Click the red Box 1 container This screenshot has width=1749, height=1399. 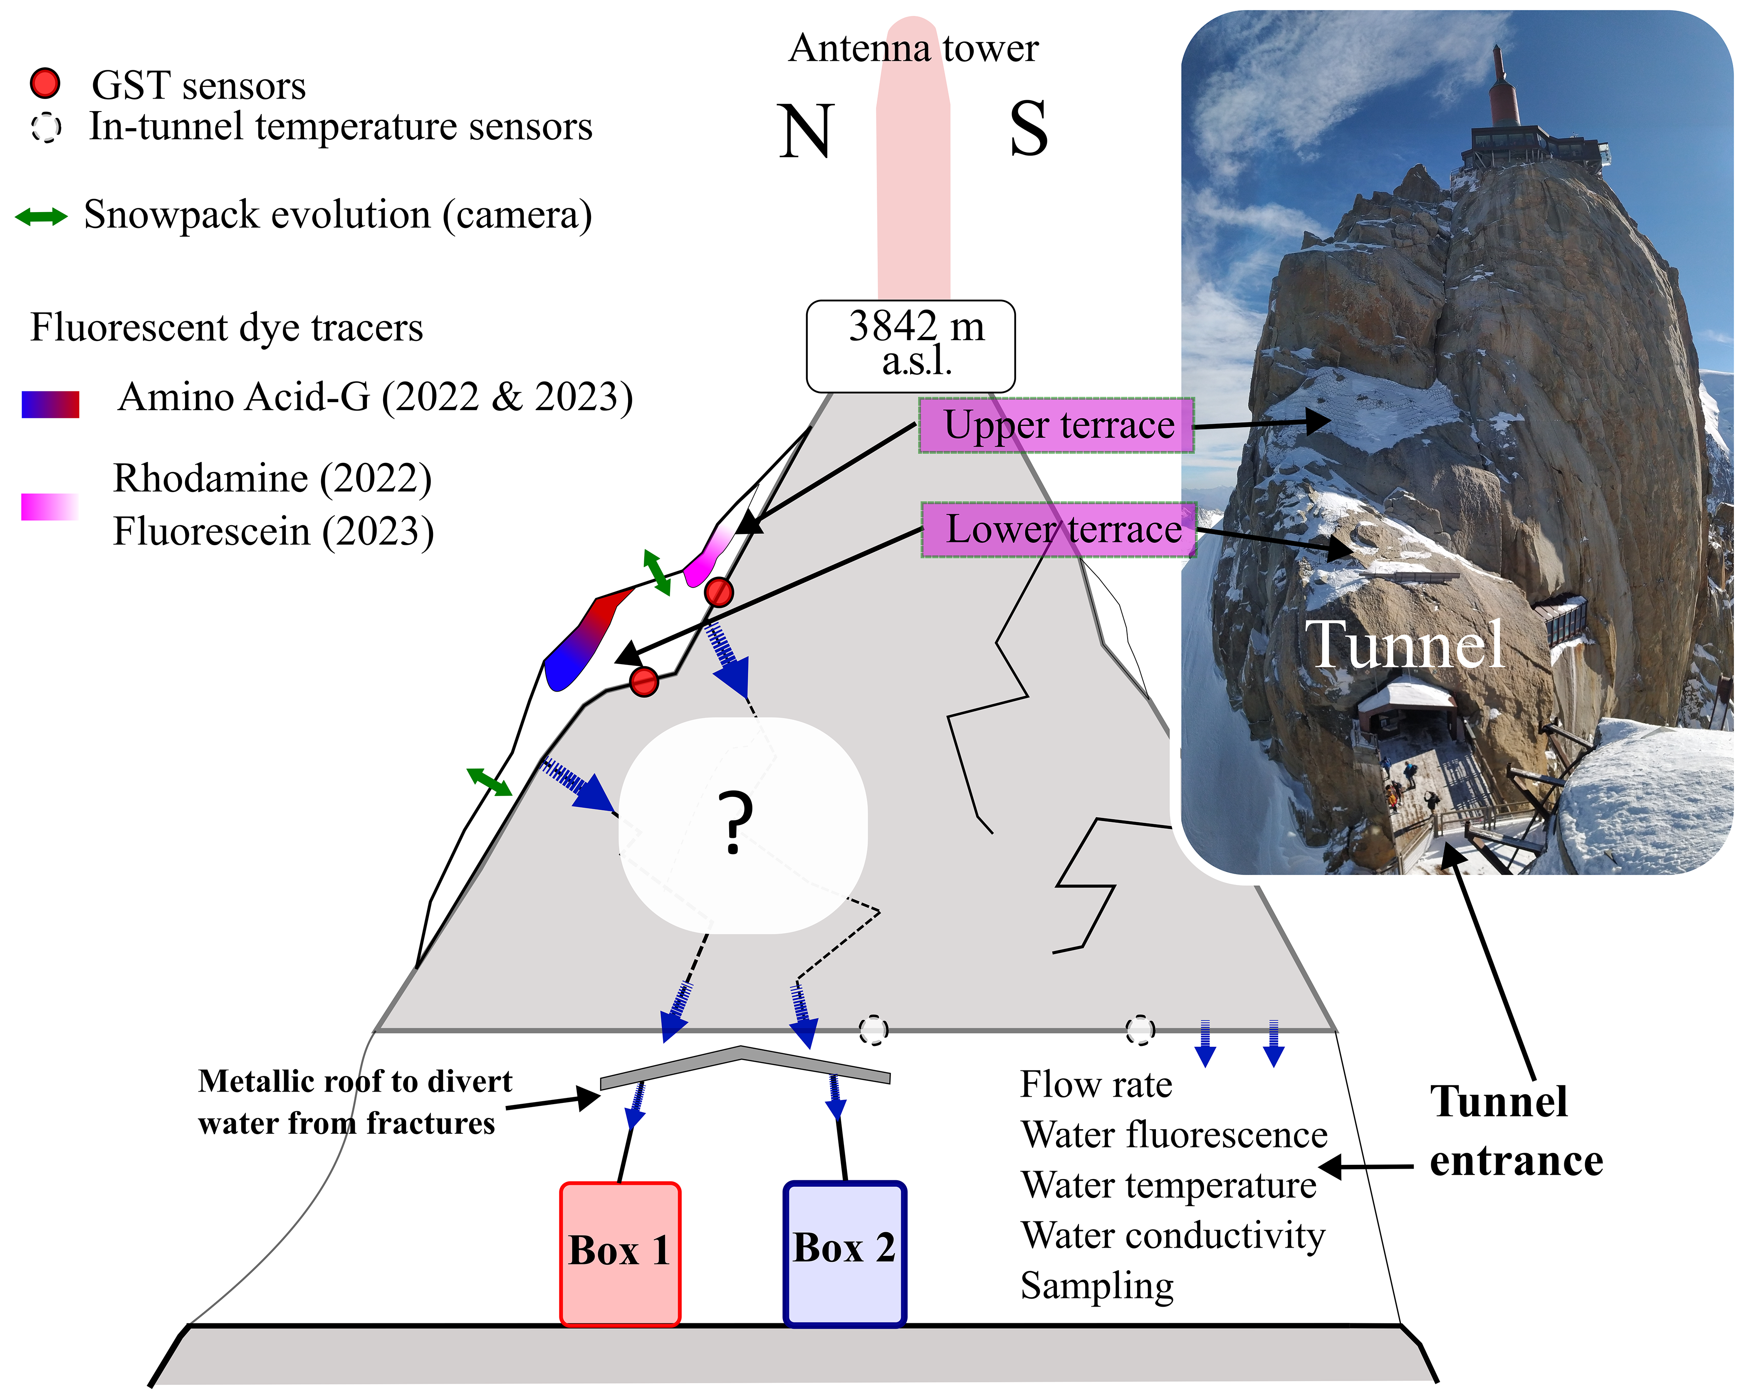620,1253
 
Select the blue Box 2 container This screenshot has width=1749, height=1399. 844,1253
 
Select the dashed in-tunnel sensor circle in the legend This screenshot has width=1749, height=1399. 46,127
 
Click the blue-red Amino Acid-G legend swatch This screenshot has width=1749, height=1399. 50,404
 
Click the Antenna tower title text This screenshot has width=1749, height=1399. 913,49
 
